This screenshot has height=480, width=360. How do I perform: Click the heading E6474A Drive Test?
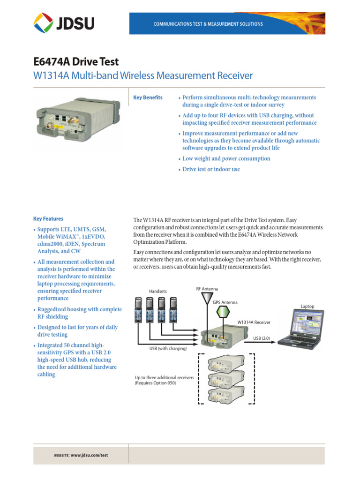(x=76, y=62)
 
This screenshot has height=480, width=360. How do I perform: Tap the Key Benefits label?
(x=148, y=97)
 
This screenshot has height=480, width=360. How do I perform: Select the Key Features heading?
(x=48, y=219)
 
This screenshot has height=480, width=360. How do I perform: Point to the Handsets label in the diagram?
(x=158, y=291)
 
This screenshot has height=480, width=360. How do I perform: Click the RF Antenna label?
(x=207, y=289)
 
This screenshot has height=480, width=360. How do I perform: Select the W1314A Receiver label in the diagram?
(x=254, y=322)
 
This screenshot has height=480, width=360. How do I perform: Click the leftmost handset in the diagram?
(x=139, y=310)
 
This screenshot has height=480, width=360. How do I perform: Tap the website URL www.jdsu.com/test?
(x=89, y=455)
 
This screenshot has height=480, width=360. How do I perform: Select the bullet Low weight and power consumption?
(x=226, y=158)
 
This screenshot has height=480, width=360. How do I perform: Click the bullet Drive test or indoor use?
(x=211, y=169)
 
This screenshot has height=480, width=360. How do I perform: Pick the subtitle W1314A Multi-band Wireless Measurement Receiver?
(x=143, y=75)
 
